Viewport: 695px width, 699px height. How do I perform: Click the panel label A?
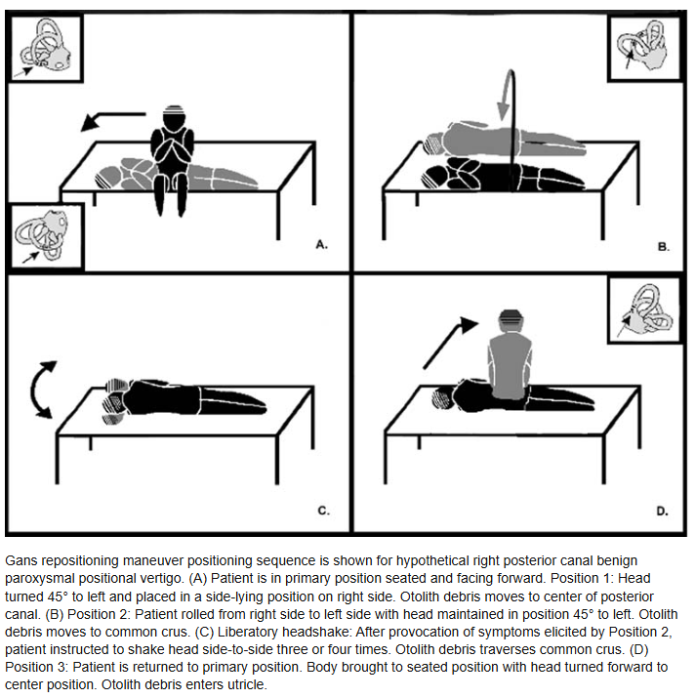[321, 244]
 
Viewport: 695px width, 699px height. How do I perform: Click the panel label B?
[664, 247]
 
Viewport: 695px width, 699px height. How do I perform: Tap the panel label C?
[324, 511]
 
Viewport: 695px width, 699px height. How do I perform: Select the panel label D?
[662, 511]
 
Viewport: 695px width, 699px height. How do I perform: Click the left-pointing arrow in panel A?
[113, 120]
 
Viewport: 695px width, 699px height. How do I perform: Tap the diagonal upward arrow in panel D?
[449, 343]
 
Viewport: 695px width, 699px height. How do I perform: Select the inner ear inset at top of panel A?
[46, 48]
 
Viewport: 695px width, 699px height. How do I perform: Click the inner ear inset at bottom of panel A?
[46, 236]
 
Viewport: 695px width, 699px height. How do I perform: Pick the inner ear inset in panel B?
[644, 48]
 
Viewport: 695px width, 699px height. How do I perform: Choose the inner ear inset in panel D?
[644, 309]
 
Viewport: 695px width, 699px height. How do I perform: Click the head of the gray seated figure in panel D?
[511, 320]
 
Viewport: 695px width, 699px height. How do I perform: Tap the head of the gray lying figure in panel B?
[434, 144]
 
